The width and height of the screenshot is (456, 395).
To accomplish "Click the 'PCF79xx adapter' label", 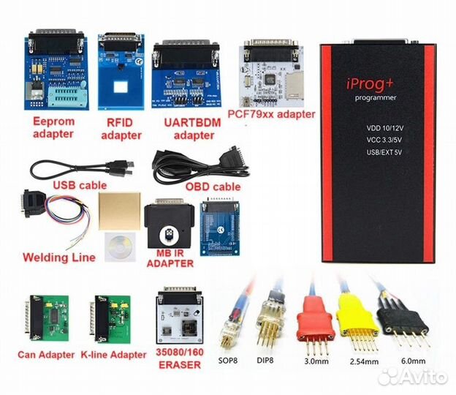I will (x=276, y=114).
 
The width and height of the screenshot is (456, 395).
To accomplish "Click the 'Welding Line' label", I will (x=58, y=257).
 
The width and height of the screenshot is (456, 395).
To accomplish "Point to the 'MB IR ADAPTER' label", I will (x=170, y=257).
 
